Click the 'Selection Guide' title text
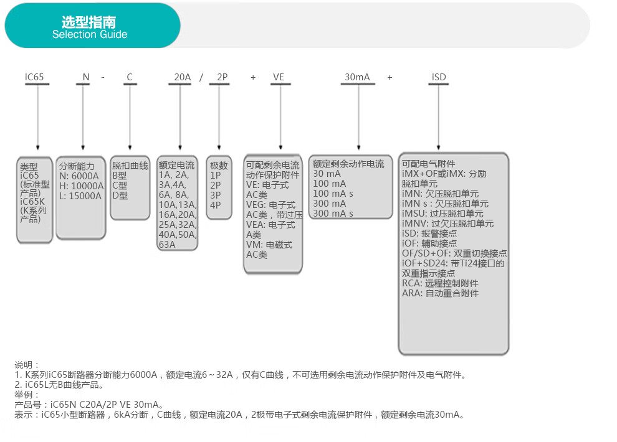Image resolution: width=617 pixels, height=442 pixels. [x=90, y=35]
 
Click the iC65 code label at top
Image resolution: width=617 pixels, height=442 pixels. [x=34, y=77]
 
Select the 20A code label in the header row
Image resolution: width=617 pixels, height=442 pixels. [x=182, y=77]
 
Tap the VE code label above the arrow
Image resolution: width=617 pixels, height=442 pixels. [x=279, y=77]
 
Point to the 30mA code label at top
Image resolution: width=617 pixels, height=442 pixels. [x=357, y=77]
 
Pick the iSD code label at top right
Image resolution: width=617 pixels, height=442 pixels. [x=439, y=77]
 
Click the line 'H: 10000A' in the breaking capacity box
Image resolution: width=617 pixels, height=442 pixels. [x=82, y=186]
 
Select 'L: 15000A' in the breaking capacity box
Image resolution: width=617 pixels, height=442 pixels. [x=80, y=195]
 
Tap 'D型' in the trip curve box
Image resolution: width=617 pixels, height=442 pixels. [x=120, y=195]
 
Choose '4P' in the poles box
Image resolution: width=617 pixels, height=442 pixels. [x=215, y=205]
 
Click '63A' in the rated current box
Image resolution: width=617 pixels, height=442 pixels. [x=167, y=245]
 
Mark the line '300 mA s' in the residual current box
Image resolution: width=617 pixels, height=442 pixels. [x=333, y=214]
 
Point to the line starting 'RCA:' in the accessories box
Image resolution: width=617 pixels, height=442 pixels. [x=440, y=283]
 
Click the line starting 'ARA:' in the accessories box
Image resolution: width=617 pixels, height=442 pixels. [x=440, y=293]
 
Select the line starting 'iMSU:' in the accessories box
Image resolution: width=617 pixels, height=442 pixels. [x=442, y=214]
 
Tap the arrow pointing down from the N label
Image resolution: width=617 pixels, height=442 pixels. [x=83, y=117]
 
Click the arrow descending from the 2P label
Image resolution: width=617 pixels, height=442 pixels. [x=219, y=117]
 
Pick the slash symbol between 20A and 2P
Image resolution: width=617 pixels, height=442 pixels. [x=201, y=77]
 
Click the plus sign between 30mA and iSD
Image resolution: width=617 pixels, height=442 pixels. [x=390, y=77]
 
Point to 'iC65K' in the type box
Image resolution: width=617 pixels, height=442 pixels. [x=32, y=202]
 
